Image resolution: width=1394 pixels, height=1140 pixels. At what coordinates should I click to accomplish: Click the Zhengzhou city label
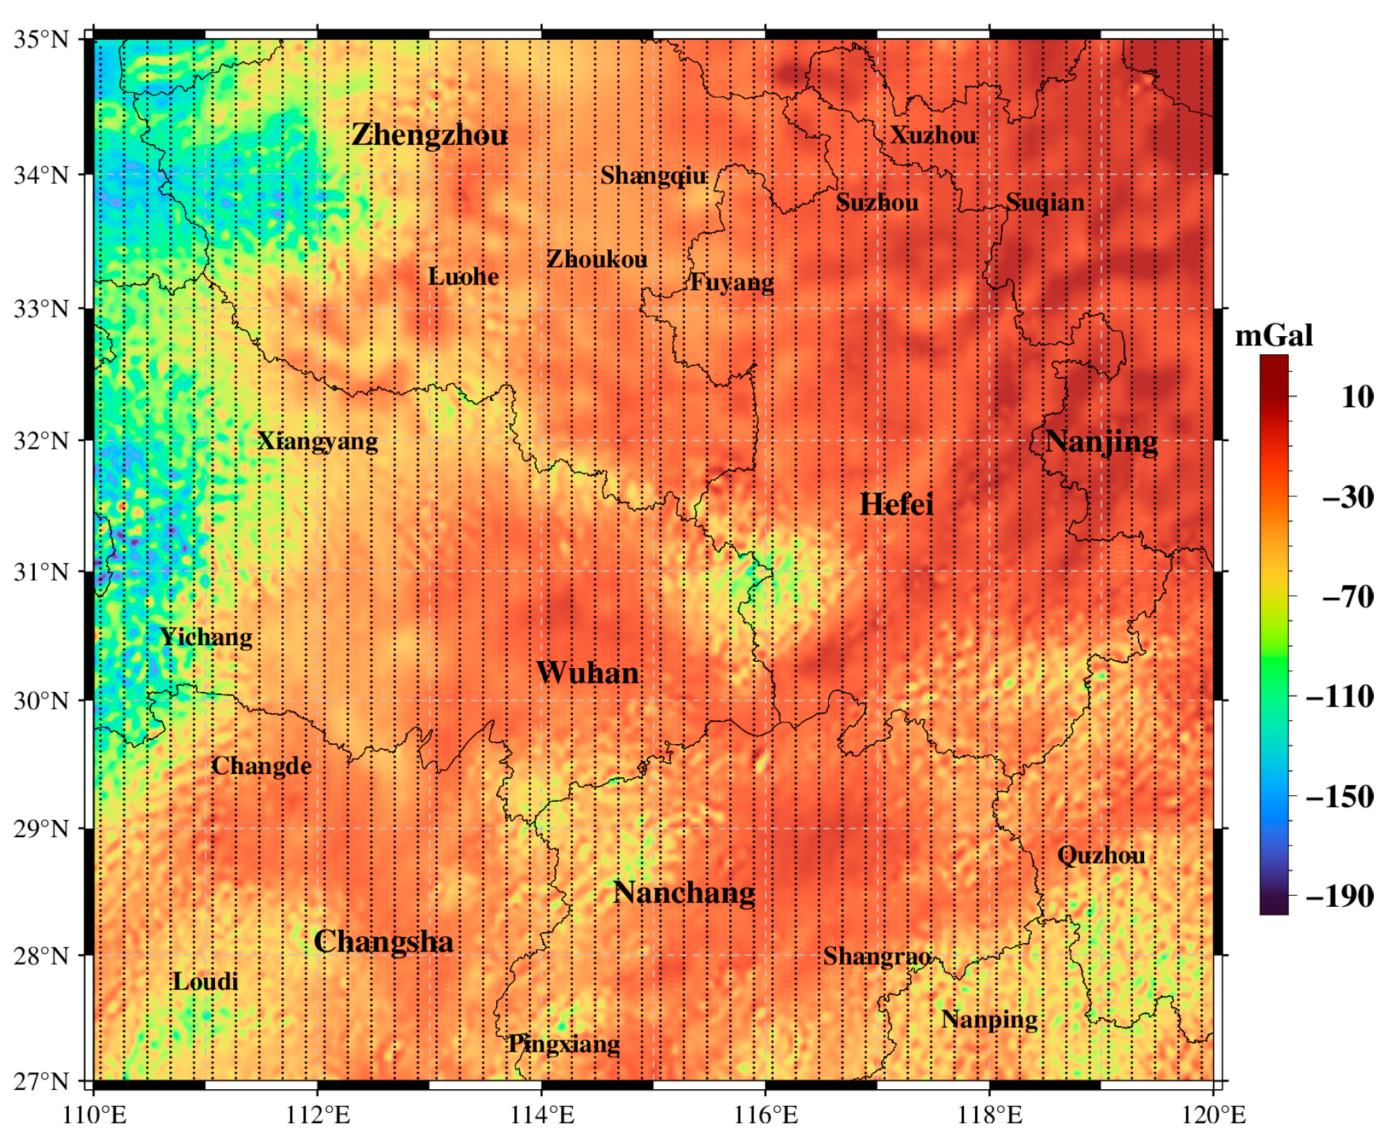[x=429, y=135]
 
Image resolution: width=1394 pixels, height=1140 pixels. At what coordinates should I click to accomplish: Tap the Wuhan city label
[x=588, y=673]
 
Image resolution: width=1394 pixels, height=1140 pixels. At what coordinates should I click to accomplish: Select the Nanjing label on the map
[x=1101, y=442]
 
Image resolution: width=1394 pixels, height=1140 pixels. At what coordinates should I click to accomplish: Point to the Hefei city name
[x=896, y=505]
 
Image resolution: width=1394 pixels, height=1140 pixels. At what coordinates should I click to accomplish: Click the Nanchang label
[x=683, y=893]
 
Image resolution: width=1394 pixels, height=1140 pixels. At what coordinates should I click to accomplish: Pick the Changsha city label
[x=383, y=942]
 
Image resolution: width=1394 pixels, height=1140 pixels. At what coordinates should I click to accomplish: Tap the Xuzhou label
[x=933, y=135]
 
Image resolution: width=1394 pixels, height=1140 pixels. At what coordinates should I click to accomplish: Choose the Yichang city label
[x=205, y=637]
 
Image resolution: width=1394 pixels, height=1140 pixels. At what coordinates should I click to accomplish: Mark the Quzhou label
[x=1100, y=855]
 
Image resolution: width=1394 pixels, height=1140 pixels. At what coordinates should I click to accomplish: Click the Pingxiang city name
[x=564, y=1044]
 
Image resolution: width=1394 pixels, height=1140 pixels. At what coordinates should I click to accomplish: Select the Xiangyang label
[x=317, y=441]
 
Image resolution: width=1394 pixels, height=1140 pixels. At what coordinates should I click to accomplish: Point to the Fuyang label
[x=731, y=283]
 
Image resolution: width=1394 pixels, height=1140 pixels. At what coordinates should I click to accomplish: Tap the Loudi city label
[x=205, y=982]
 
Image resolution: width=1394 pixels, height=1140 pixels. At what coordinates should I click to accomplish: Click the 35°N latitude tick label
[x=42, y=39]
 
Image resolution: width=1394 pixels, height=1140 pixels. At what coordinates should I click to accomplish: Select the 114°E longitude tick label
[x=542, y=1115]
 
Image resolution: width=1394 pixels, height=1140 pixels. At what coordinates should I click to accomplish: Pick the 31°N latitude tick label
[x=42, y=572]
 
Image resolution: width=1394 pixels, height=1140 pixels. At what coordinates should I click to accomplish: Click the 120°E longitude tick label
[x=1213, y=1115]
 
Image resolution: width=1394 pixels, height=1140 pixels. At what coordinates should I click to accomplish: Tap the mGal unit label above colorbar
[x=1274, y=336]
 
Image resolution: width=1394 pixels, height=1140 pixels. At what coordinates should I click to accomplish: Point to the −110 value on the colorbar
[x=1340, y=696]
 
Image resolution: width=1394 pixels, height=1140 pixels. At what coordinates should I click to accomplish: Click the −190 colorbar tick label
[x=1340, y=896]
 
